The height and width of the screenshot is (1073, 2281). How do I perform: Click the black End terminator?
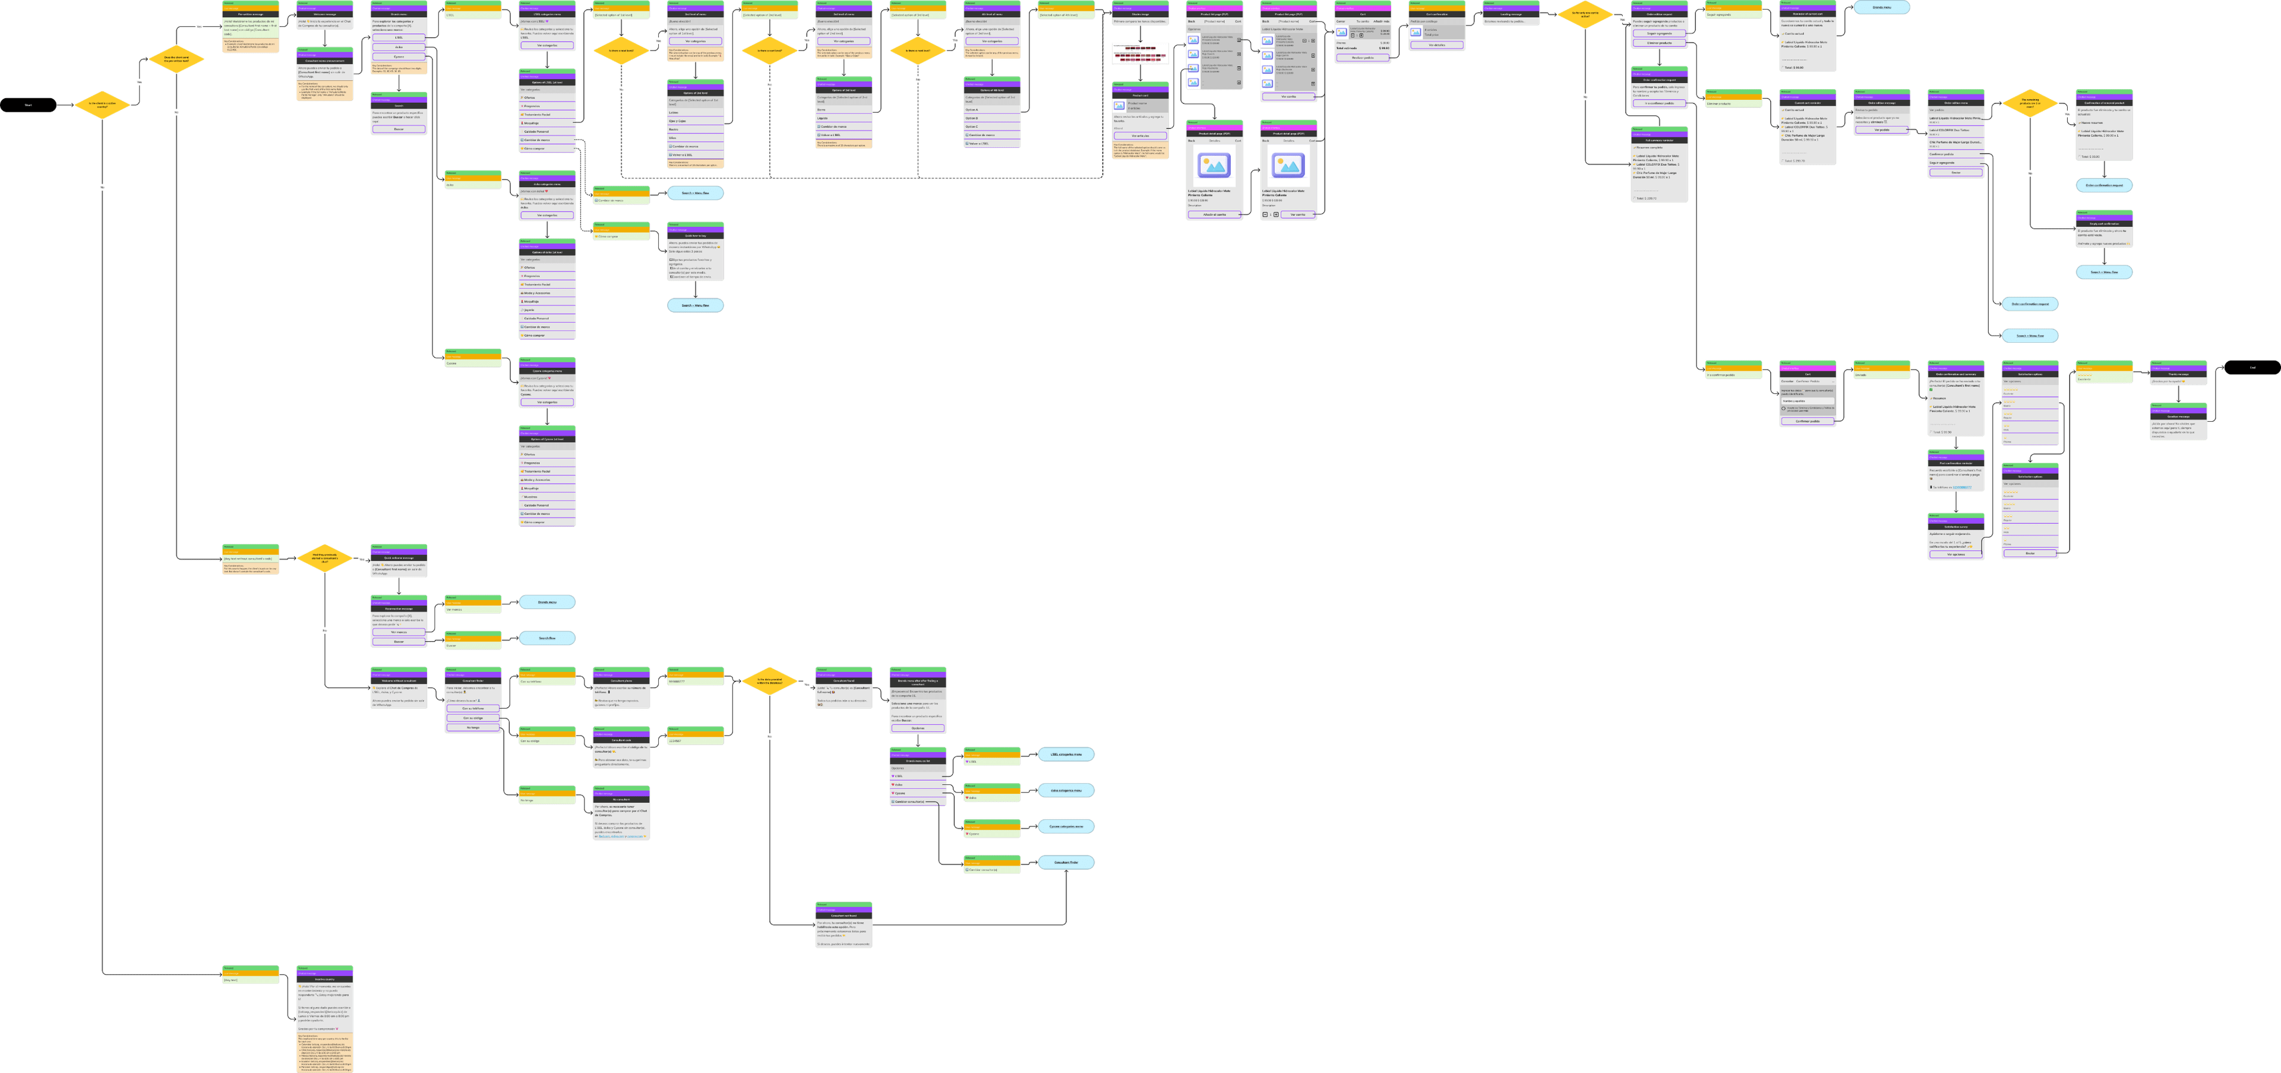pos(2252,367)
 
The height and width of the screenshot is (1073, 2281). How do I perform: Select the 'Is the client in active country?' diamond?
pos(102,105)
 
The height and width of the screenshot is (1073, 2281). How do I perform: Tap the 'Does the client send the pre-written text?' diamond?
pos(176,59)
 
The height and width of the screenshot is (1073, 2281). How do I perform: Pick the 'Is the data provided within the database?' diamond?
pos(769,681)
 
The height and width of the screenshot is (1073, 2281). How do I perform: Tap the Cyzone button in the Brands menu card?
pos(399,56)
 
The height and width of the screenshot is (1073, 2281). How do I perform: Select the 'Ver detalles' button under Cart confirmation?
pos(1436,45)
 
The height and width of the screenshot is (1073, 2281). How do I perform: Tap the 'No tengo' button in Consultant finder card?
pos(473,727)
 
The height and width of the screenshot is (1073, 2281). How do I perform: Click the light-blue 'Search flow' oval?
pos(547,638)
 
